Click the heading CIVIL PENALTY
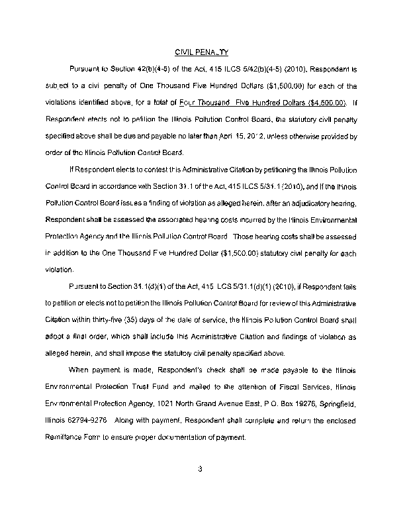(x=201, y=52)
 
